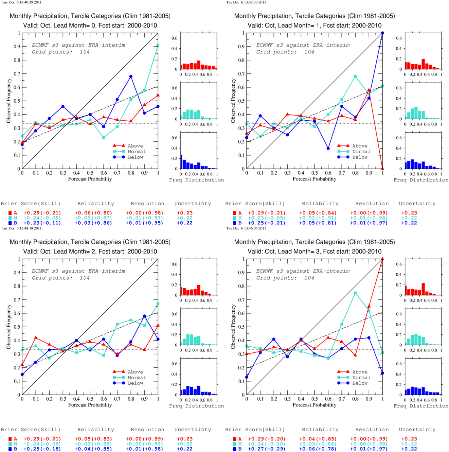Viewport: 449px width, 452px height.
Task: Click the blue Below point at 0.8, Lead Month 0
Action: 131,76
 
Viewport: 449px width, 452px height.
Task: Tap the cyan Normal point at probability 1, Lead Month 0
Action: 158,45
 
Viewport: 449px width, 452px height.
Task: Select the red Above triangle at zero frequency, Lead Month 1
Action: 382,169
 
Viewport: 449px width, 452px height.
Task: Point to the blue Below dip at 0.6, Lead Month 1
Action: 328,149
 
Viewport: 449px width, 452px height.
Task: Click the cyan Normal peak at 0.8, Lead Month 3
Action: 355,293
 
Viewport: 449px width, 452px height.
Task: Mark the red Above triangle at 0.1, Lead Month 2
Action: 36,337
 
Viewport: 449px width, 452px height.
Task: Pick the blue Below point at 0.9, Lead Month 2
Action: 144,316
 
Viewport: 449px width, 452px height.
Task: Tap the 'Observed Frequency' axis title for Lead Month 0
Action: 9,101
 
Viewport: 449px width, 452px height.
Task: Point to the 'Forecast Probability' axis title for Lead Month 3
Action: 315,405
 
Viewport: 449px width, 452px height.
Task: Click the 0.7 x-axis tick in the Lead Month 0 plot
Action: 117,173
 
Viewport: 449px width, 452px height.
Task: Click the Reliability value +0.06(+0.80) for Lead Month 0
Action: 93,213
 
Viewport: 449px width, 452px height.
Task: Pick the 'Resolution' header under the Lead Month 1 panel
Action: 372,204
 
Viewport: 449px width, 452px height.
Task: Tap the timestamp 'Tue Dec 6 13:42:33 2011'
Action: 246,2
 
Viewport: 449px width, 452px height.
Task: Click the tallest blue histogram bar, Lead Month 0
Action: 181,162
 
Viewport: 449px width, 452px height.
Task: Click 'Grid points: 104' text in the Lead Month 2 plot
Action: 61,278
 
